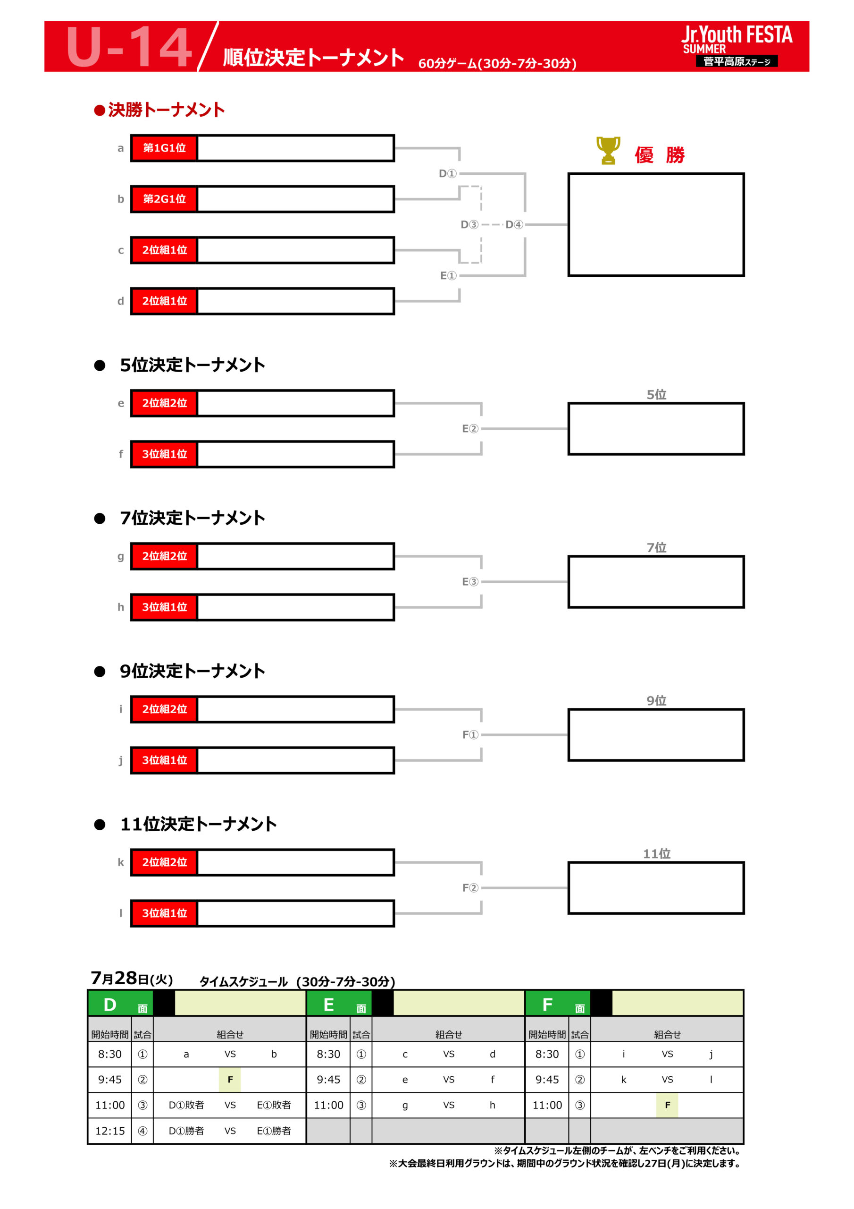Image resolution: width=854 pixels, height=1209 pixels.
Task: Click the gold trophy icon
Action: click(608, 150)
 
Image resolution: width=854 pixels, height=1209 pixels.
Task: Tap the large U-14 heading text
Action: click(129, 47)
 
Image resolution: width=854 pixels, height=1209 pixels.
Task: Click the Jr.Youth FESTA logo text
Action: click(737, 35)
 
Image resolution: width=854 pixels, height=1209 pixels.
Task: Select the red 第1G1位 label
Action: click(164, 148)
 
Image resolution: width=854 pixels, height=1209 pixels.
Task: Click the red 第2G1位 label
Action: click(164, 199)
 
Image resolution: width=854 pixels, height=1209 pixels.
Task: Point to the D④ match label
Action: click(514, 225)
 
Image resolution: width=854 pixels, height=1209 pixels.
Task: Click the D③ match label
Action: click(469, 225)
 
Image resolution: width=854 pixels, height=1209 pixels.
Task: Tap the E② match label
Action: click(470, 429)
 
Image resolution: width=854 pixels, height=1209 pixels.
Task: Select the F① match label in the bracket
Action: click(470, 734)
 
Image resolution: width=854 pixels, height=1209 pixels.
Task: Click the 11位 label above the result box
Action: click(657, 853)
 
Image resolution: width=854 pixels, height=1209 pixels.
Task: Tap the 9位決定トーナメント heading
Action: click(193, 671)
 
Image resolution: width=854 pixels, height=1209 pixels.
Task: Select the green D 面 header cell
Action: click(120, 1004)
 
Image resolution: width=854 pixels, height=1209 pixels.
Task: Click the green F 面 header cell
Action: click(558, 1004)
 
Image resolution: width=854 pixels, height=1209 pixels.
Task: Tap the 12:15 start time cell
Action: click(110, 1131)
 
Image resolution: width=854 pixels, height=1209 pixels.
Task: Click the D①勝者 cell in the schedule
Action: click(186, 1131)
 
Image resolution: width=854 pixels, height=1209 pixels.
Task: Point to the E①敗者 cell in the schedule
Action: click(274, 1105)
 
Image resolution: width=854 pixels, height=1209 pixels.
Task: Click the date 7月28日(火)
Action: click(132, 979)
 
